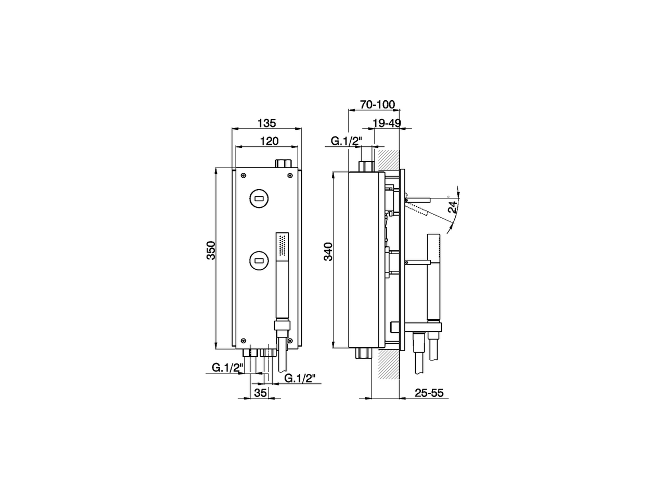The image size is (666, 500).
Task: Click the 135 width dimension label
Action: click(x=266, y=123)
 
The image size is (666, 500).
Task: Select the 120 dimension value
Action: click(x=270, y=141)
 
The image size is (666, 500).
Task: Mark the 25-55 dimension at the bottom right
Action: click(x=429, y=393)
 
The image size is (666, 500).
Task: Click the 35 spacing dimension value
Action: click(x=260, y=393)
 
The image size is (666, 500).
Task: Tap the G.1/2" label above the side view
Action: click(x=346, y=141)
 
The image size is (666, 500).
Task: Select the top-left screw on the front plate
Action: click(x=243, y=175)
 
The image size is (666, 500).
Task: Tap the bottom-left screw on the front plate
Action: click(x=243, y=342)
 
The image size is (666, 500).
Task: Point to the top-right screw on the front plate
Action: click(x=289, y=175)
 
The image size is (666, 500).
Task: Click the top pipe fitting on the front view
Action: click(x=284, y=163)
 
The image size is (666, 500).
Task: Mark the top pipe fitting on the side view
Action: click(x=367, y=166)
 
